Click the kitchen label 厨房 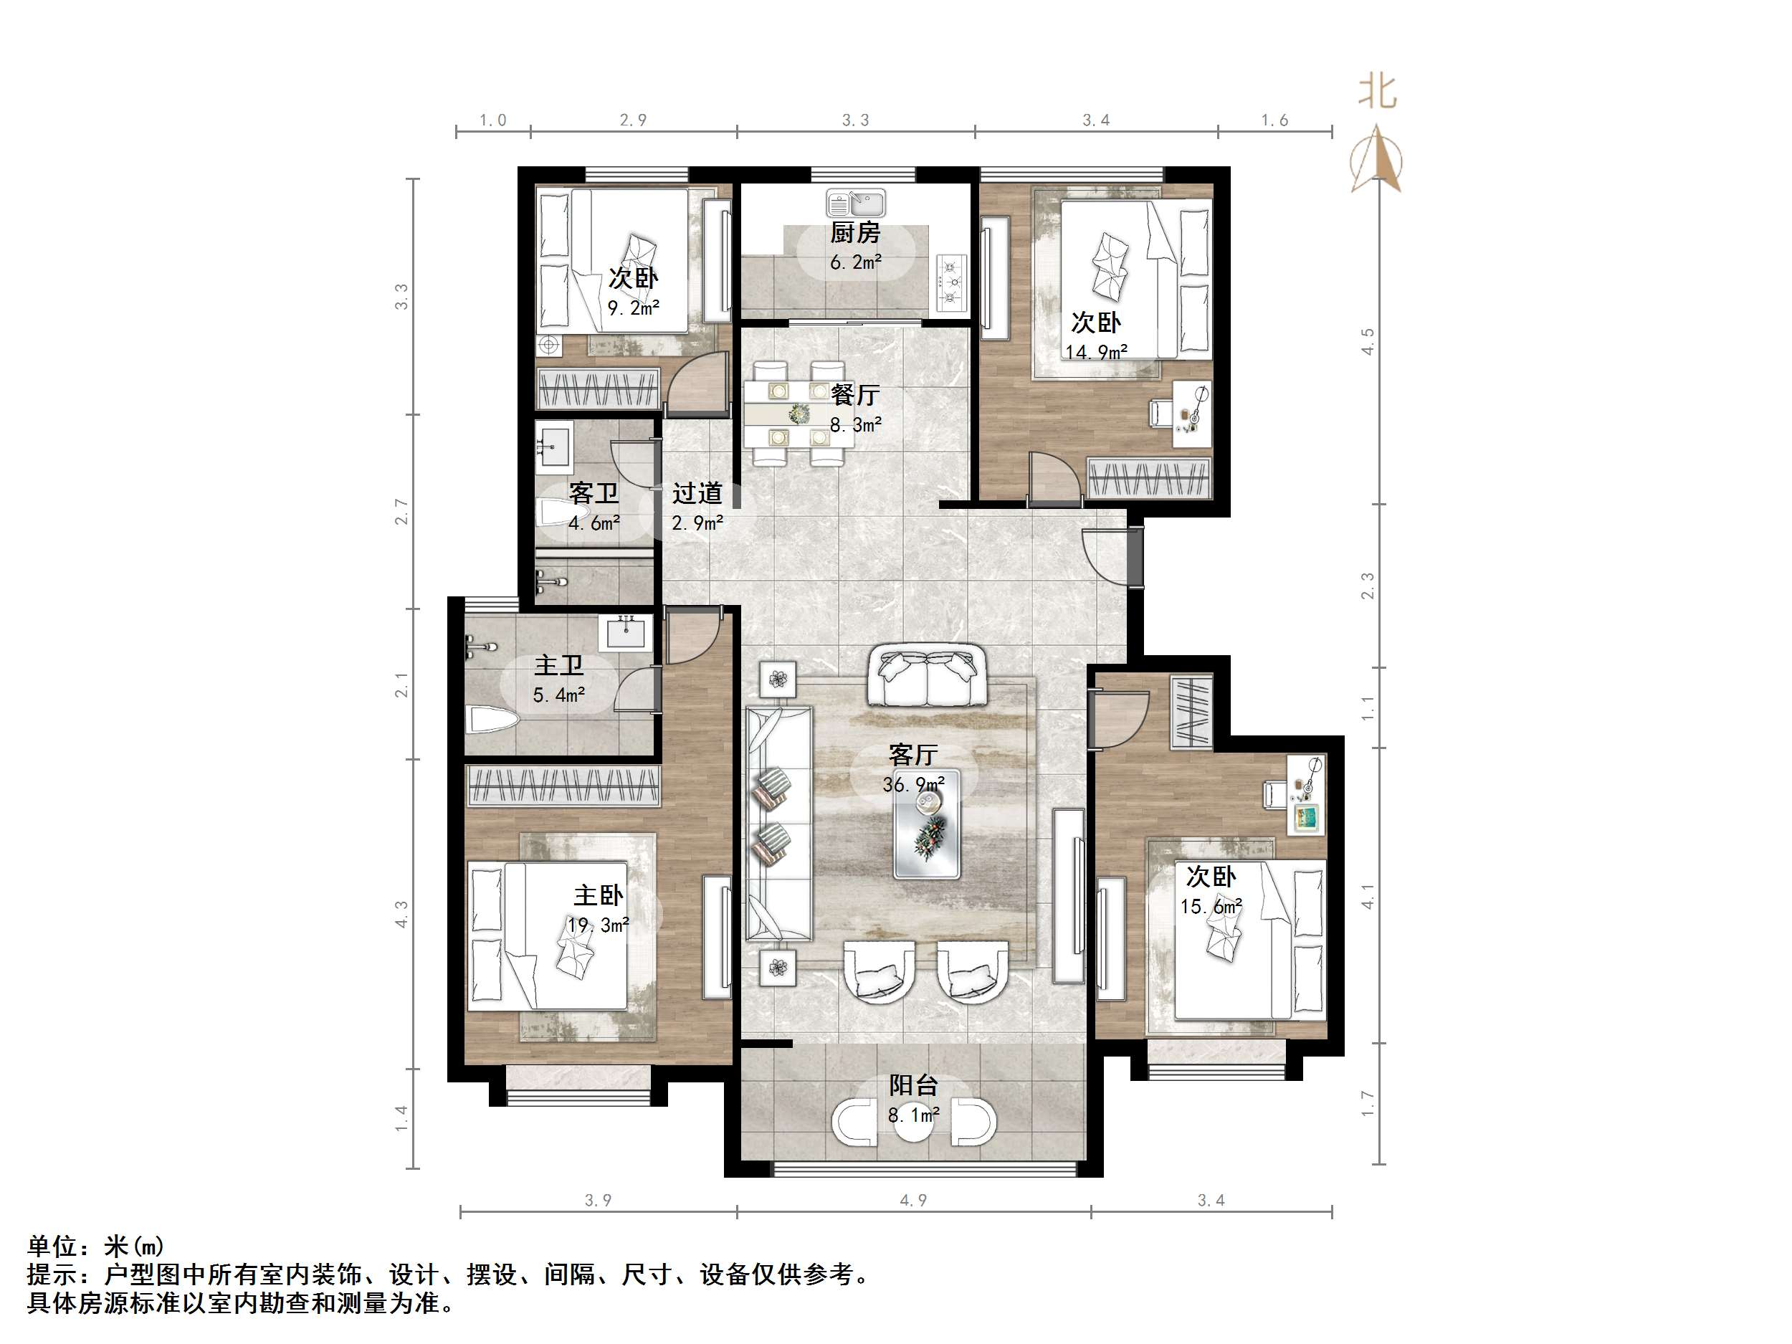click(x=854, y=233)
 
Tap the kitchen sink click(x=857, y=203)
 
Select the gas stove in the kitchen click(x=953, y=282)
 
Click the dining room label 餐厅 click(x=855, y=396)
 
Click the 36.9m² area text click(x=913, y=784)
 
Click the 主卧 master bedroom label click(x=599, y=895)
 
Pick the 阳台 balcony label click(x=913, y=1085)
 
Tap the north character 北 click(x=1377, y=92)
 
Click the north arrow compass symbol click(x=1376, y=160)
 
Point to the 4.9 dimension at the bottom click(x=913, y=1201)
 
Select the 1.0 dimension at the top click(x=492, y=120)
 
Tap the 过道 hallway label click(x=697, y=492)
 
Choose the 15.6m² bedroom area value click(x=1211, y=907)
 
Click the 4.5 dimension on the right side click(x=1368, y=341)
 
